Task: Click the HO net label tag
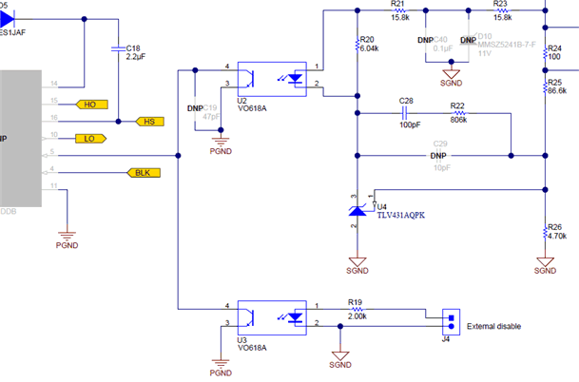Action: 91,104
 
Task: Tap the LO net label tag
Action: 91,139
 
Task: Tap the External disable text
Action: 494,326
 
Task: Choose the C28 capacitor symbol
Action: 407,112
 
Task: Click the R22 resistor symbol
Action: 458,112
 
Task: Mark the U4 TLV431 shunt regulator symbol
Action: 358,208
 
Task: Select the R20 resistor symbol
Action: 357,45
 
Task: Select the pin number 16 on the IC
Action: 54,120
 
